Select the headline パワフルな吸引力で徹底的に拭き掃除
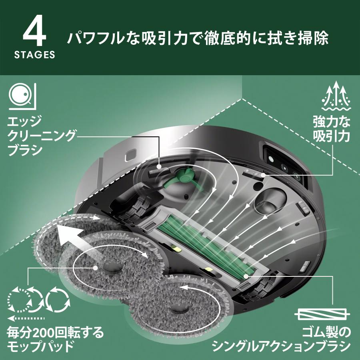point(198,39)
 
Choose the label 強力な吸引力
point(332,128)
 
